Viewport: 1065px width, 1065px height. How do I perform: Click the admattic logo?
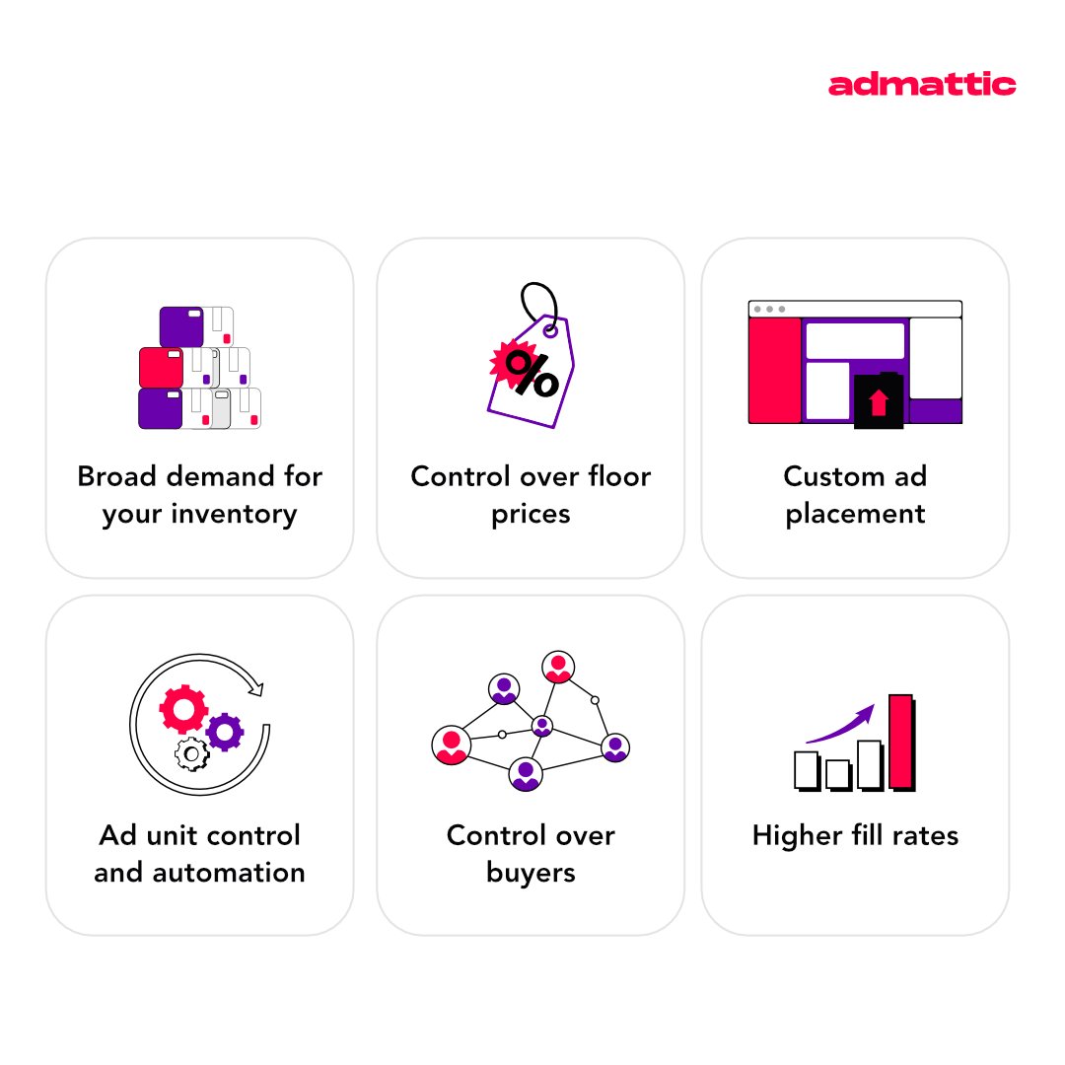(x=921, y=85)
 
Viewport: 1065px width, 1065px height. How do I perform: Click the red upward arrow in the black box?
(x=878, y=401)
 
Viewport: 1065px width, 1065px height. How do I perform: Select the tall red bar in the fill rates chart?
(x=900, y=741)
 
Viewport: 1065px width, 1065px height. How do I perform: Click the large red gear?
(x=183, y=708)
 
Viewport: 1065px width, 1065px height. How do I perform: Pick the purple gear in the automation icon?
(x=225, y=731)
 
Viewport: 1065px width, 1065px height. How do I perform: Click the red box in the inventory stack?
(x=161, y=367)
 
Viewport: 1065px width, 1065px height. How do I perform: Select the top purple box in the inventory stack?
(x=180, y=326)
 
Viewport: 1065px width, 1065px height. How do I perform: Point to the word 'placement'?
(x=855, y=515)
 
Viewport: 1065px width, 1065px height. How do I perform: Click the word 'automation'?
(x=199, y=873)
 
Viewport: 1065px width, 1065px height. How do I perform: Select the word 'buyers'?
(x=531, y=873)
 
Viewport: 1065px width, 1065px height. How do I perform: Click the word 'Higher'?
(x=796, y=836)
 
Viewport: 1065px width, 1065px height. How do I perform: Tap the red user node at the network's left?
(x=452, y=745)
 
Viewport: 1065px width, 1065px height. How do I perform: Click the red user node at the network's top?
(x=558, y=668)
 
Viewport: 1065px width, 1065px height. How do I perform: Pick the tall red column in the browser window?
(x=774, y=370)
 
